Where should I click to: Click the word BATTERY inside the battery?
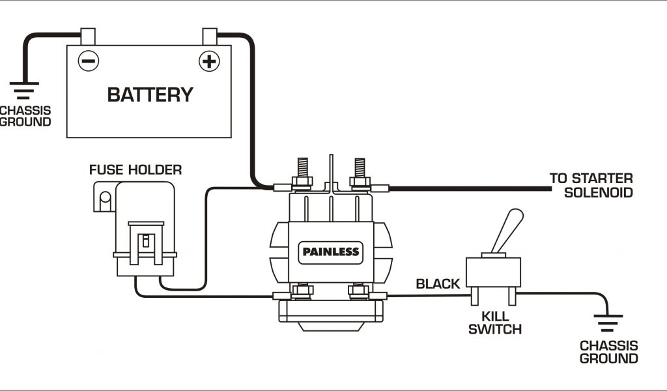coord(150,94)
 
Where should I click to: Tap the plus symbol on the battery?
coord(208,61)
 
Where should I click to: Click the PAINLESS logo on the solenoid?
coord(330,252)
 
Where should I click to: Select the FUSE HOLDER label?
coord(135,171)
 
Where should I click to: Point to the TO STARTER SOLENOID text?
coord(591,185)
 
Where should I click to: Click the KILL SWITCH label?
coord(495,323)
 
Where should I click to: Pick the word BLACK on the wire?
coord(438,283)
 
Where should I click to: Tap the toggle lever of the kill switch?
coord(508,229)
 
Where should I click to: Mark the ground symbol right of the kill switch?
coord(607,323)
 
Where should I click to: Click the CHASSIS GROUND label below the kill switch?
coord(608,352)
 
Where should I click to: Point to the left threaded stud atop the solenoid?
coord(301,169)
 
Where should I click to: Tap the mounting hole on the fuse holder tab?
coord(103,197)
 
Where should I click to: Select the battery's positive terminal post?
coord(210,36)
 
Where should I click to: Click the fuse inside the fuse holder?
coord(146,240)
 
